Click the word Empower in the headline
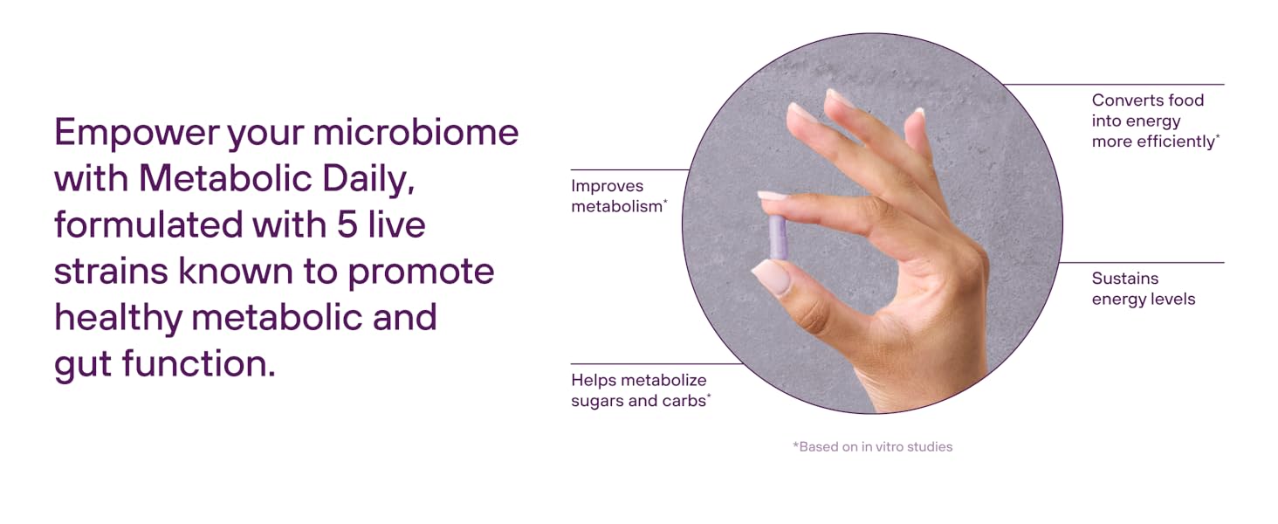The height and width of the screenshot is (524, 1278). point(137,134)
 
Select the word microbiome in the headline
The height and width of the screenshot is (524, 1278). point(416,133)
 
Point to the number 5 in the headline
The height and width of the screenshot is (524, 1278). point(347,225)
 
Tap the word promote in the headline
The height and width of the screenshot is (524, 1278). point(421,272)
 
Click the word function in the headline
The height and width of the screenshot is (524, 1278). point(198,363)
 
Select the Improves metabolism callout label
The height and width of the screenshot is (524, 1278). point(619,196)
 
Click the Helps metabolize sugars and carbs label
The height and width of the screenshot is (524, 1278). point(641,390)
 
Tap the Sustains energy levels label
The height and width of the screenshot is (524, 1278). point(1144,289)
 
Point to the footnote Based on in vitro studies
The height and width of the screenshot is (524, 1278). point(872,446)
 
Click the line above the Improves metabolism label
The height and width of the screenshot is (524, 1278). point(630,169)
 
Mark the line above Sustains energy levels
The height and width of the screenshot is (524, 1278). point(1142,263)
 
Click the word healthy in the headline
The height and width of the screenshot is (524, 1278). point(118,319)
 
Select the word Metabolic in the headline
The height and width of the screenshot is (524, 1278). point(225,179)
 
